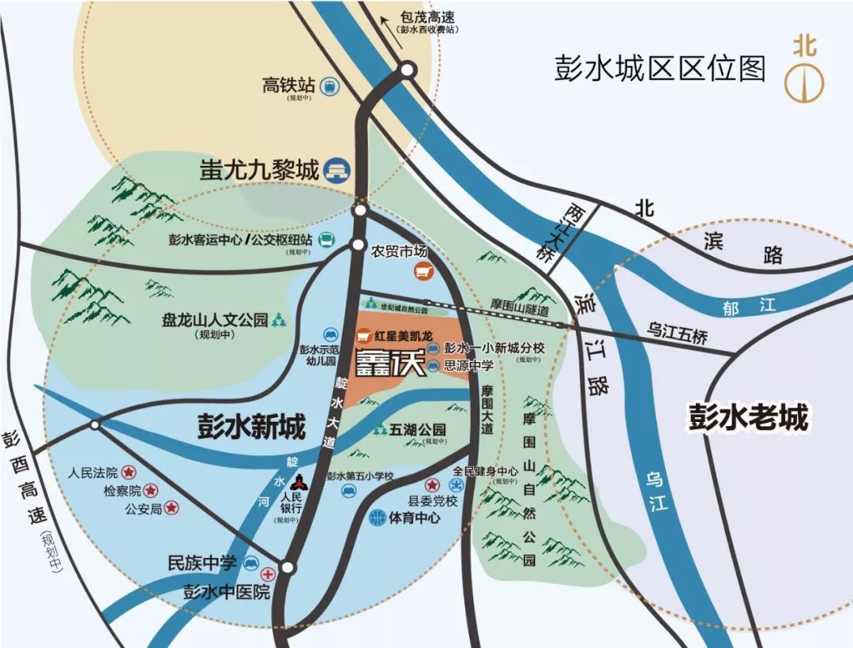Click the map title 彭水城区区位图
pos(659,69)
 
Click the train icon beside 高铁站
pos(328,85)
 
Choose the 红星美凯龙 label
pos(403,336)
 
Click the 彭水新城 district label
pos(250,427)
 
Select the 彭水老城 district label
pos(746,417)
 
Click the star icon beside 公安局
pos(171,508)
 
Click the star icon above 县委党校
pos(432,484)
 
